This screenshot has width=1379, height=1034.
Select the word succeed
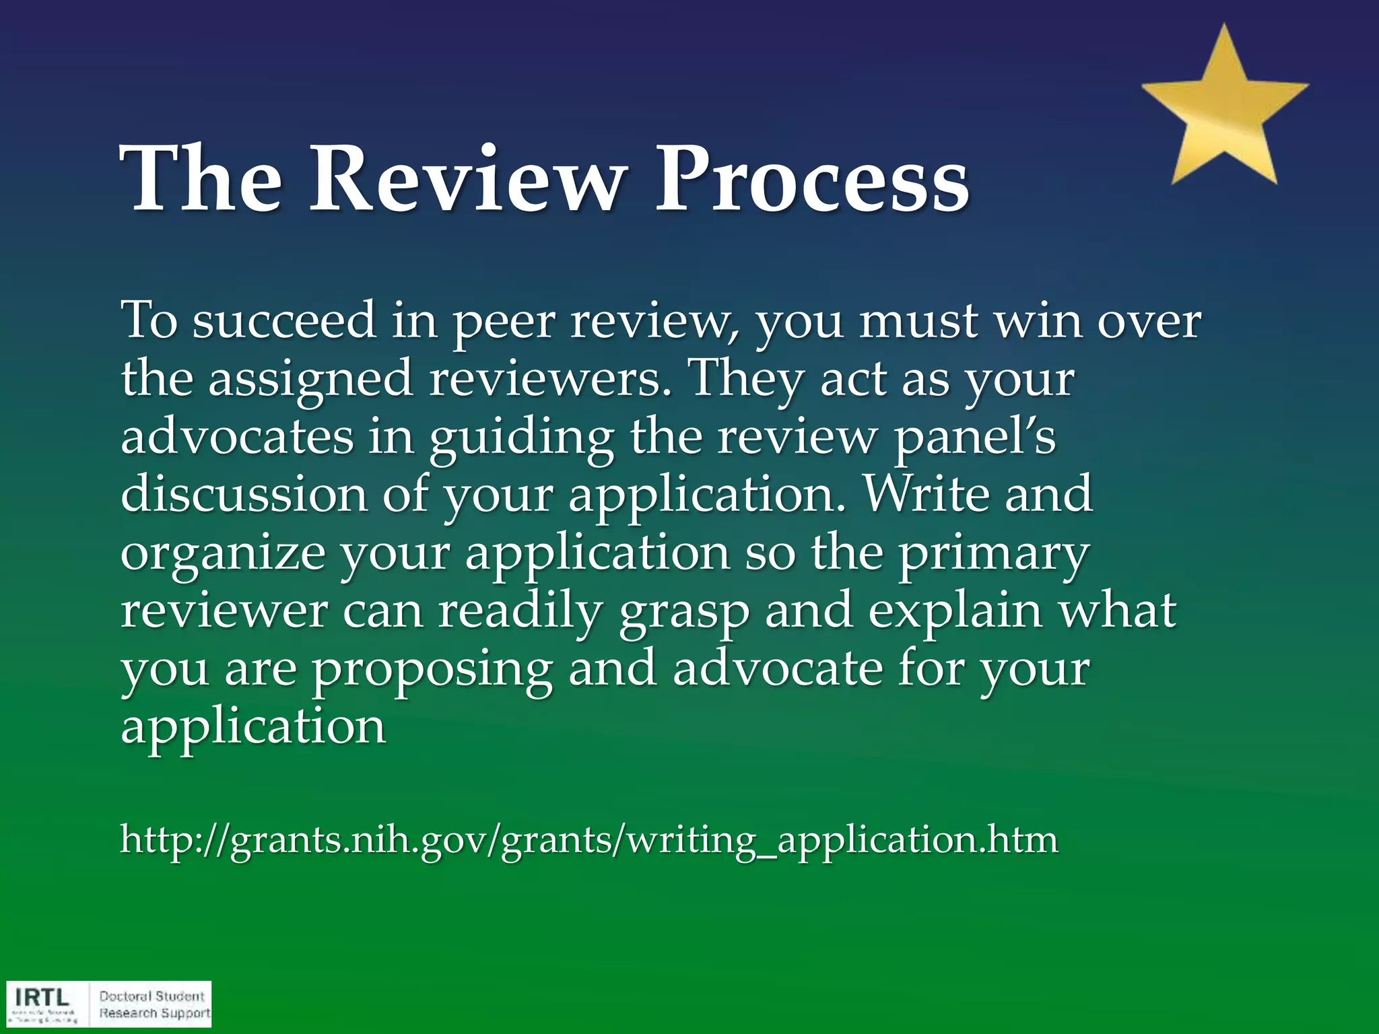[x=283, y=320]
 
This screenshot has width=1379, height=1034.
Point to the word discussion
[x=244, y=494]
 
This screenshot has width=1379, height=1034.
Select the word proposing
[x=432, y=669]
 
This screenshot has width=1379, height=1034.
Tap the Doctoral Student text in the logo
[x=152, y=996]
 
